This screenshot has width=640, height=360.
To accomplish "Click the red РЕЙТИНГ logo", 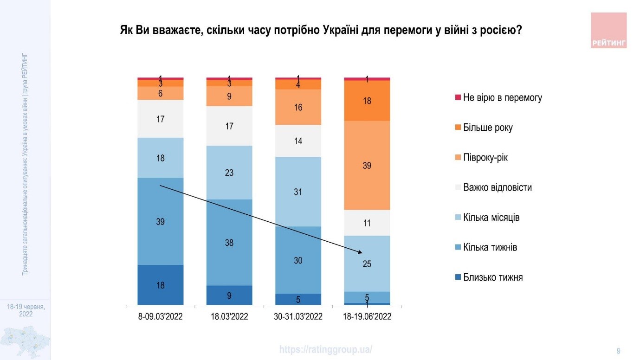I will point(609,30).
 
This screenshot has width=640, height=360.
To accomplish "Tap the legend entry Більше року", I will point(488,128).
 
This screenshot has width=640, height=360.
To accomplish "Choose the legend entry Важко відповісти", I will point(497,188).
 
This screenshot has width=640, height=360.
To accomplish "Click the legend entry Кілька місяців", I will point(491,218).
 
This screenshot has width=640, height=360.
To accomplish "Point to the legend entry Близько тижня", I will point(493,277).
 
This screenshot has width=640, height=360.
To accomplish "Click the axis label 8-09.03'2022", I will point(161,317).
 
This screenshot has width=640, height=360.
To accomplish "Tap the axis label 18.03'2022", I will point(229,317).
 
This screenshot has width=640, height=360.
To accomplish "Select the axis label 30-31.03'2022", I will point(298,317).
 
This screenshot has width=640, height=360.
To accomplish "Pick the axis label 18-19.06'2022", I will point(367,317).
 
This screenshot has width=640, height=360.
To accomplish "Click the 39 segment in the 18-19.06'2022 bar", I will point(367,165).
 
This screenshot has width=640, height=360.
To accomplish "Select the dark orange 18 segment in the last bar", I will point(367,100).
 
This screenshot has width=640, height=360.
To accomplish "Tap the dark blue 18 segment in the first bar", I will point(161,285).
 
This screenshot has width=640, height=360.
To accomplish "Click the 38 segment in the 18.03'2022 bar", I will point(229,242).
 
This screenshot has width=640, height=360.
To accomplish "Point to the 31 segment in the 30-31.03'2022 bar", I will point(298,191).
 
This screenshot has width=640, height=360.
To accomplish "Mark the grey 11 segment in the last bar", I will point(367,223).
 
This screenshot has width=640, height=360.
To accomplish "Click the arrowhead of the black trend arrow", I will point(360,252).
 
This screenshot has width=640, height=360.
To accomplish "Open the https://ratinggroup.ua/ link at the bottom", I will point(326,350).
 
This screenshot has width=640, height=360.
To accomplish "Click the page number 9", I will point(618,351).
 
